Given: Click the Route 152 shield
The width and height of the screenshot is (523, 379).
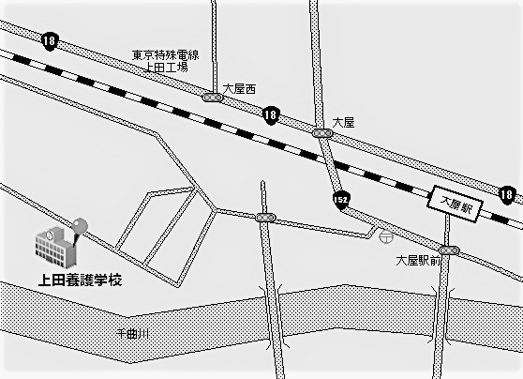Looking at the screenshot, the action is tap(341, 201).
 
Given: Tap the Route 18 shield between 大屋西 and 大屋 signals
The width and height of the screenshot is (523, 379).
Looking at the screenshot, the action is tap(271, 116).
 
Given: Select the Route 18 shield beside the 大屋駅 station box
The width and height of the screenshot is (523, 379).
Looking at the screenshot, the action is tap(506, 195).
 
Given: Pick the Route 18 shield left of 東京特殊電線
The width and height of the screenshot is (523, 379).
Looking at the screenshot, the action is tap(50, 42).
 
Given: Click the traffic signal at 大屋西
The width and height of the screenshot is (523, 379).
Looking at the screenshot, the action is tap(213, 98).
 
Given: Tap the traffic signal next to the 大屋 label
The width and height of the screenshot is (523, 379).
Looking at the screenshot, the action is tap(322, 133).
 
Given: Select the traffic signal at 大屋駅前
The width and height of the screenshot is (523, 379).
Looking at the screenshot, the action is tap(449, 250).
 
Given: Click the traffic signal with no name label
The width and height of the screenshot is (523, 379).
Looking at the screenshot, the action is tap(266, 218).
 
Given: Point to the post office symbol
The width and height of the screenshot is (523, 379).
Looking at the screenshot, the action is tap(386, 236).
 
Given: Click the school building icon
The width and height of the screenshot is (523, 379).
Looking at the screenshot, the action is tap(56, 247).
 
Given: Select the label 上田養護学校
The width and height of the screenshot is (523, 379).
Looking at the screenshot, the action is tap(80, 280).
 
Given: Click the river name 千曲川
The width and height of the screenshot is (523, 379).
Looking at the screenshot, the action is tap(132, 333).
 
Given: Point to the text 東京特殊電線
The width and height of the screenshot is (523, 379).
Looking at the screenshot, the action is tap(166, 55).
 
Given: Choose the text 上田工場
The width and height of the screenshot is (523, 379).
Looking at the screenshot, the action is tap(167, 68).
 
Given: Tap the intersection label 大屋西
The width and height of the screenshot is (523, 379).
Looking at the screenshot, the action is tap(239, 89).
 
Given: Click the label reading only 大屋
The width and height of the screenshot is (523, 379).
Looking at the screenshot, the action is tap(343, 123).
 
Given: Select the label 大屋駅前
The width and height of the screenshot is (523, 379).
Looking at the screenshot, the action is tap(419, 261).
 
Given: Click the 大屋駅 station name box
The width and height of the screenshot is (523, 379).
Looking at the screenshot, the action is tap(456, 204).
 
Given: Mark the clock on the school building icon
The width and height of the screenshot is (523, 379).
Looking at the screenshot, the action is tap(50, 235).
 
